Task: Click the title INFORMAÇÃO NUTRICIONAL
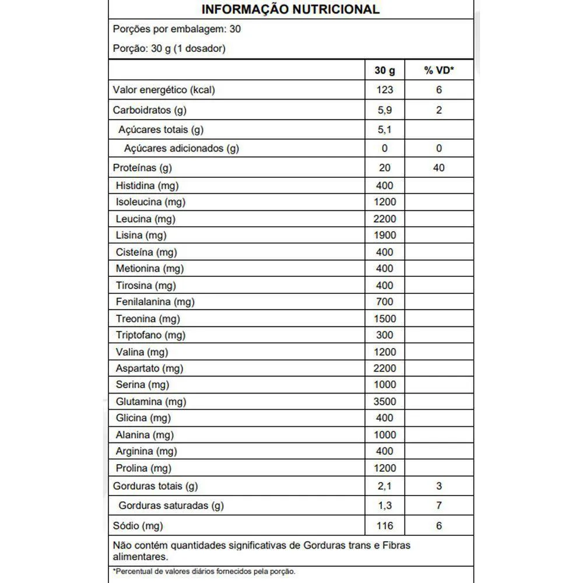(290, 9)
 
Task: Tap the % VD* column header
(438, 71)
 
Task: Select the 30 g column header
(385, 71)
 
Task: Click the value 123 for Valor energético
(385, 90)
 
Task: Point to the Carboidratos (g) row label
(150, 110)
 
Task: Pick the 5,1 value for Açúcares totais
(385, 129)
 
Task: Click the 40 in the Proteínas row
(438, 168)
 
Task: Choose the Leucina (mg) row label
(145, 219)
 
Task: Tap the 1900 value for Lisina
(385, 235)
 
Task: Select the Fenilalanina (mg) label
(155, 302)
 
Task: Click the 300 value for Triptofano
(385, 335)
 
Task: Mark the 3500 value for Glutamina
(385, 402)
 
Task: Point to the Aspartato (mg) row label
(149, 368)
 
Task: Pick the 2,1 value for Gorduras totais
(385, 486)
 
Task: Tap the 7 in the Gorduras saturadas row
(438, 505)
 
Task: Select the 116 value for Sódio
(385, 526)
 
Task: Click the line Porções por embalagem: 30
(176, 29)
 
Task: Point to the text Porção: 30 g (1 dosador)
(168, 48)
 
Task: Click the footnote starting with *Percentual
(203, 572)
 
